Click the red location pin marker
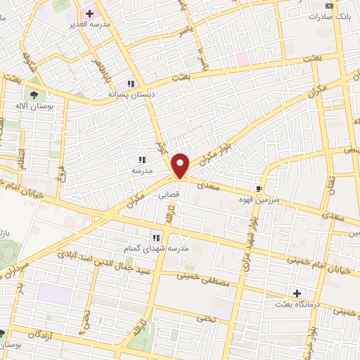coord(181,165)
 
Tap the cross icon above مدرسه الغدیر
coord(90,13)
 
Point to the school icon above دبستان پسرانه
coord(131,83)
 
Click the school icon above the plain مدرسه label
coord(142,160)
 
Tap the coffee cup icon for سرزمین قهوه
coord(259,188)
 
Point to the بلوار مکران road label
coord(217,149)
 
